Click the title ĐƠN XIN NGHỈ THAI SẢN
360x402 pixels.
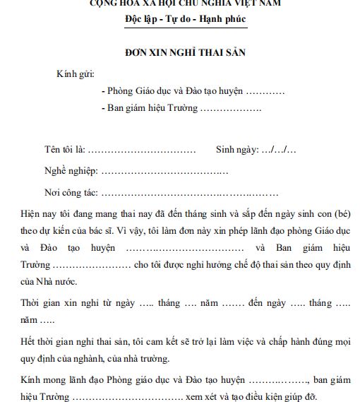(x=180, y=53)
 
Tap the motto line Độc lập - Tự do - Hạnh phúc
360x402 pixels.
(x=180, y=18)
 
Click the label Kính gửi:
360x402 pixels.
(x=75, y=74)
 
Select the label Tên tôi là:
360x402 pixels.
(x=64, y=150)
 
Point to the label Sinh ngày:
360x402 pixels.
(x=237, y=150)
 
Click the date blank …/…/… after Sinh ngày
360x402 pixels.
(x=279, y=150)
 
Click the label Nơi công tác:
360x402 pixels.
(x=71, y=192)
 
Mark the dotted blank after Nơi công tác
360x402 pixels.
(x=190, y=193)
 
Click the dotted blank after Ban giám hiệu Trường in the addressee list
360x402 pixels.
(x=230, y=109)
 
